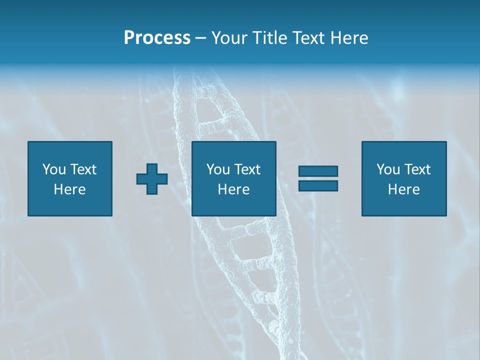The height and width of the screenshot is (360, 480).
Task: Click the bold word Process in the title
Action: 157,38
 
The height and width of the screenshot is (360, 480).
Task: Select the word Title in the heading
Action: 269,38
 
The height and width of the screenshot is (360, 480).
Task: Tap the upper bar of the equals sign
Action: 318,171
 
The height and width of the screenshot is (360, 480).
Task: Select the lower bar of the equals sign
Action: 318,185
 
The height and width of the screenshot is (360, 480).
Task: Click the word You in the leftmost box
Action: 53,169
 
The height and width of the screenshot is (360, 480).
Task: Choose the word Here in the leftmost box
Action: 69,189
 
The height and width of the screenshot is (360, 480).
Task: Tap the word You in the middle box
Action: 217,169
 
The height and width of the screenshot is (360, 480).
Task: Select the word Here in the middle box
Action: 233,189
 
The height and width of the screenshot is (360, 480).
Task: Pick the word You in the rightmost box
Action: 387,169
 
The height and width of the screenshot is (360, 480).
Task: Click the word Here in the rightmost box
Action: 403,189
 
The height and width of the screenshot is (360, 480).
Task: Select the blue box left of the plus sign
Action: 69,205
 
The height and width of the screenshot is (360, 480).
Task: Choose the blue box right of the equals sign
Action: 403,205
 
